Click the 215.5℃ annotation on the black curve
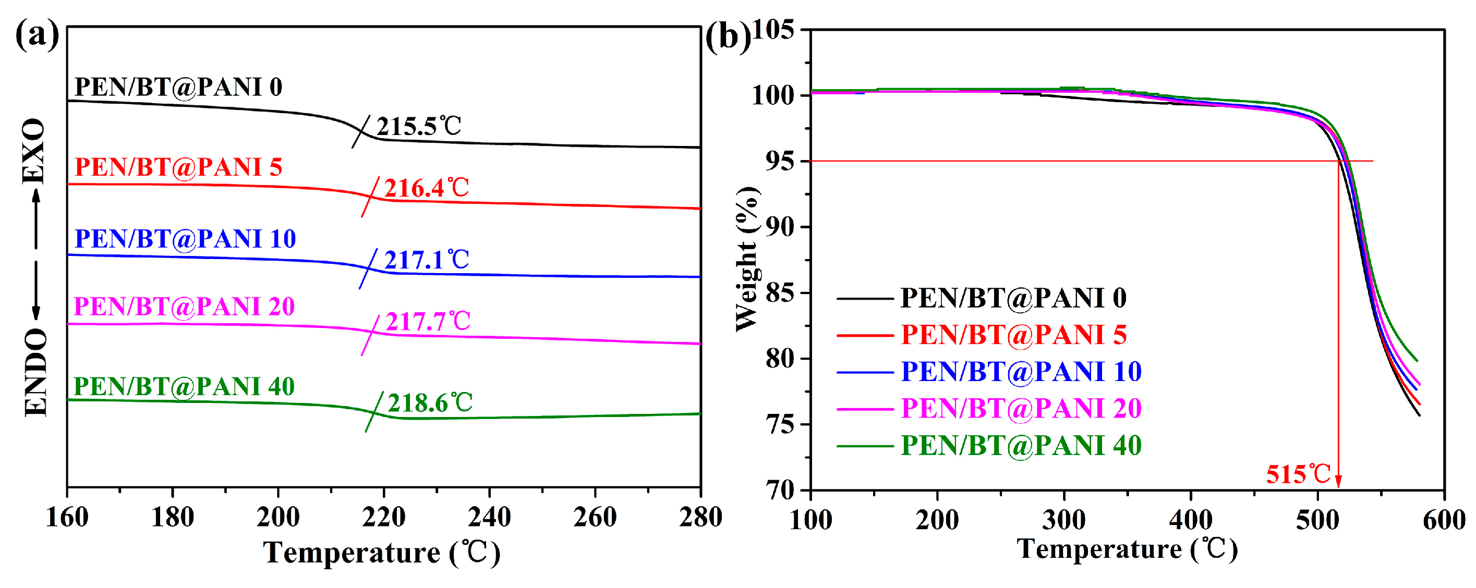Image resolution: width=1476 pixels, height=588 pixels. click(x=418, y=127)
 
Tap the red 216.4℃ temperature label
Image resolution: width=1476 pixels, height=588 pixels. click(x=426, y=188)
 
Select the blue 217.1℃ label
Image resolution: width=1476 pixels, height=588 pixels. click(x=426, y=260)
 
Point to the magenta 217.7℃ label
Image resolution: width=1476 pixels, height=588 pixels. click(x=428, y=322)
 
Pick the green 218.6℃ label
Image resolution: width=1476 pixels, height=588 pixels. click(x=430, y=403)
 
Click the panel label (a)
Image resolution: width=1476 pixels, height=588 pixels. click(x=37, y=35)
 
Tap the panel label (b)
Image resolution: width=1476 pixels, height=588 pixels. click(x=727, y=38)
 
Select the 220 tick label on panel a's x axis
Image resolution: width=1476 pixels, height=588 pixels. click(x=383, y=518)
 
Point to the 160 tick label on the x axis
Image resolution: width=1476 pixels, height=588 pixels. click(x=67, y=518)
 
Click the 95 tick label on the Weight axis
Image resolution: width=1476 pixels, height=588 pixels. click(x=779, y=162)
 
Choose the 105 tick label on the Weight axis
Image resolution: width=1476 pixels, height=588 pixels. click(x=773, y=30)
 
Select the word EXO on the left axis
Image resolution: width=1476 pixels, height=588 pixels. click(x=34, y=151)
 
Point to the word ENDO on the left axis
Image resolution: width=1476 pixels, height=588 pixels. click(x=35, y=373)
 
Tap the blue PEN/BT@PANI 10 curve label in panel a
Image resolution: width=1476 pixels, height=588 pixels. click(x=185, y=239)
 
